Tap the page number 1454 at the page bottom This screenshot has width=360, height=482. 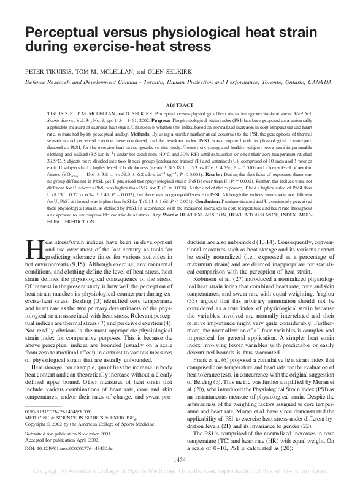180,459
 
